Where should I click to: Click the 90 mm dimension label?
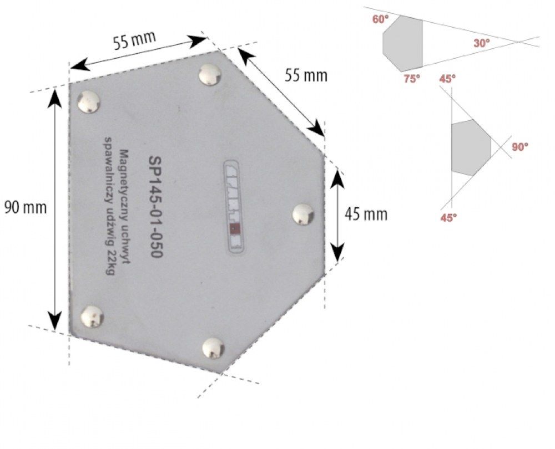[25, 208]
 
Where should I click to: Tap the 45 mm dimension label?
[366, 214]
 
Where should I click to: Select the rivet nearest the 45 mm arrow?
[302, 214]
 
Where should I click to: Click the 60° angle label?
[380, 20]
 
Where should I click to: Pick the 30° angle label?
[482, 43]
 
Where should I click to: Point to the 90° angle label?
[520, 147]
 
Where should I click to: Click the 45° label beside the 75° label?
[447, 79]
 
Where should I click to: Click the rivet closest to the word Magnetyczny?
[89, 102]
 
